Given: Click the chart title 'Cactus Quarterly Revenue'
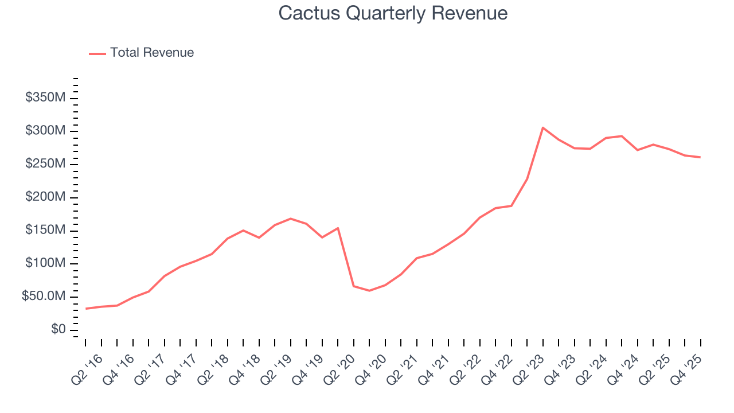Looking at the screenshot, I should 393,13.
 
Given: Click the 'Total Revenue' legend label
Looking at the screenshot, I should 152,53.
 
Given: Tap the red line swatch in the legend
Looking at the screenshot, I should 97,53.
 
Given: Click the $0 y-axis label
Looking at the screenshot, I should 58,330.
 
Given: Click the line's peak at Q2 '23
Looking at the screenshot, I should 542,127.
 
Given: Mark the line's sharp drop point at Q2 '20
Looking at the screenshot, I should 353,286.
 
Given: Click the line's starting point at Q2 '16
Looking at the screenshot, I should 85,309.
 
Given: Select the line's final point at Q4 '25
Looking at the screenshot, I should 700,157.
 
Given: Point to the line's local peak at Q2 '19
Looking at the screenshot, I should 291,219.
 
